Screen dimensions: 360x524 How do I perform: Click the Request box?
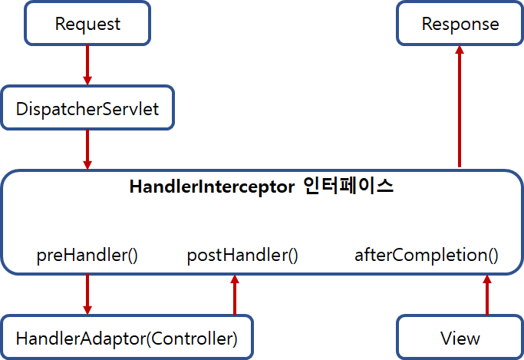point(87,24)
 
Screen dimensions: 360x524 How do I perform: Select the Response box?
point(460,24)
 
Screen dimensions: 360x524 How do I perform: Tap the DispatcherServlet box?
point(87,108)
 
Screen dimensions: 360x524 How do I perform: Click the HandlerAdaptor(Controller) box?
point(127,338)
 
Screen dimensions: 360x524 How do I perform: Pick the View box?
point(460,338)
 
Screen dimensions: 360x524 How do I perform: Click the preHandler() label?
point(87,255)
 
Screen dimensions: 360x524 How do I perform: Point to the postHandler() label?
point(242,255)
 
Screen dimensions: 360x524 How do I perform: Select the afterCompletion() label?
point(426,255)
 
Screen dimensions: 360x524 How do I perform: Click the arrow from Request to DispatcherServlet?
point(87,64)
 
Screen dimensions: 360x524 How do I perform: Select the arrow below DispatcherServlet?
point(87,149)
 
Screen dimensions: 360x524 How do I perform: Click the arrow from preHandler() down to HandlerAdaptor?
point(87,294)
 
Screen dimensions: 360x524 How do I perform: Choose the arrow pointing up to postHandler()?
point(235,295)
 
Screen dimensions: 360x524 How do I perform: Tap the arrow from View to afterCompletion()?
point(486,295)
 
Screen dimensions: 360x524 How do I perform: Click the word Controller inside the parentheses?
point(196,338)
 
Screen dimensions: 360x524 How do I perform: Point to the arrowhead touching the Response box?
point(460,50)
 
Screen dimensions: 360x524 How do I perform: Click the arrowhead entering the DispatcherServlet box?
point(87,80)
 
